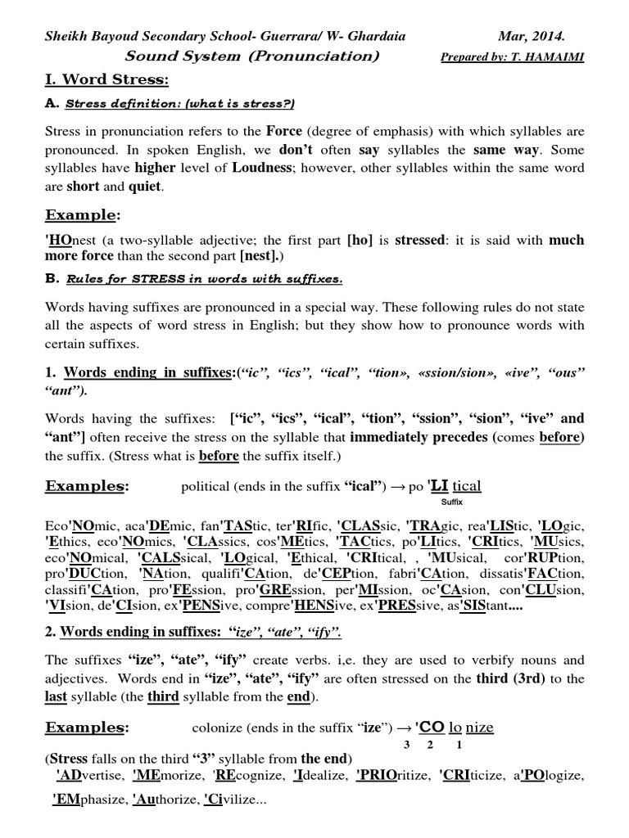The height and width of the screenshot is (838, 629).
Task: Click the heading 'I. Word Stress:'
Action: (106, 80)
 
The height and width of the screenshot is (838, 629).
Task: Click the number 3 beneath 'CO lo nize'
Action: (407, 745)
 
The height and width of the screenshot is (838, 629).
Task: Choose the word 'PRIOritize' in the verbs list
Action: (392, 774)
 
